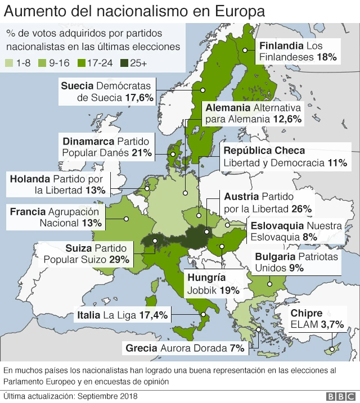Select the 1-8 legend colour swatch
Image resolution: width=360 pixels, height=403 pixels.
[9, 63]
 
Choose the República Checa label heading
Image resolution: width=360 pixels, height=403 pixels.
[264, 151]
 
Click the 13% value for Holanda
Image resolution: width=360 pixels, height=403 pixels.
[96, 191]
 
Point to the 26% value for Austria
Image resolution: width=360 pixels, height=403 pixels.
[301, 209]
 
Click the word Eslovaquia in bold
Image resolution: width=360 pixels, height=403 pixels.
[276, 226]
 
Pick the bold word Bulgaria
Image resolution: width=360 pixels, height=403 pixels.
[276, 256]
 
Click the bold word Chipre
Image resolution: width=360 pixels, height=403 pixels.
[306, 314]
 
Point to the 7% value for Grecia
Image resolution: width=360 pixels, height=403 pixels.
[237, 348]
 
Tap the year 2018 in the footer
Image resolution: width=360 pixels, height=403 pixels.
[127, 396]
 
